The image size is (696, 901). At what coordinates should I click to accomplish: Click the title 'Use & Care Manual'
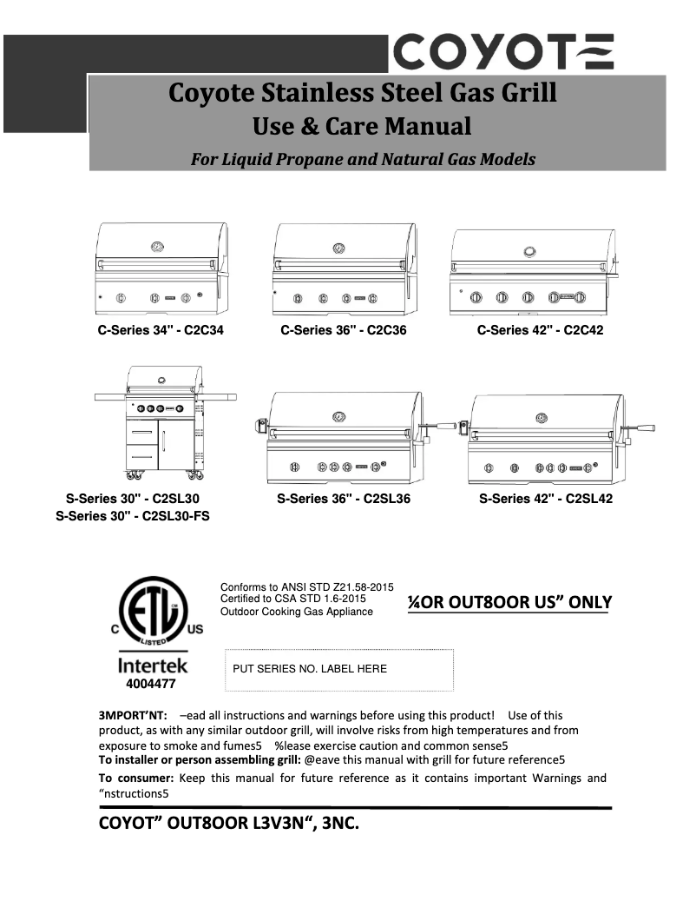(x=362, y=127)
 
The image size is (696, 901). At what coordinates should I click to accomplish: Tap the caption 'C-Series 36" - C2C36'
(x=343, y=330)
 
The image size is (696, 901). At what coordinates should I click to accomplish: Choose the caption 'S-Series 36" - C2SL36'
(x=344, y=499)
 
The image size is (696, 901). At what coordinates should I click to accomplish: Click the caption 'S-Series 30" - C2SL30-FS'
(x=133, y=515)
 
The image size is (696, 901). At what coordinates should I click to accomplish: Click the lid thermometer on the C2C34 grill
(x=157, y=246)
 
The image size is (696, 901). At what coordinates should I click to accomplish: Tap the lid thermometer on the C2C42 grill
(x=529, y=252)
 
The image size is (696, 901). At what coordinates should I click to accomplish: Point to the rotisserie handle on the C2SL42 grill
(x=645, y=427)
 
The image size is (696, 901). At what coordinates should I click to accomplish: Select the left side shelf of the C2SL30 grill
(x=111, y=397)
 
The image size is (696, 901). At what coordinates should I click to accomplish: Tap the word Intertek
(x=153, y=666)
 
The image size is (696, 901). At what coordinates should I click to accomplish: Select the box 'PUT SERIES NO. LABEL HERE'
(x=338, y=669)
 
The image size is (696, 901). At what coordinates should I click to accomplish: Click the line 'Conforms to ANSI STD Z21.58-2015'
(x=307, y=587)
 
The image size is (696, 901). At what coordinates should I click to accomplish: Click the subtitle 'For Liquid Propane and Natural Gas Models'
(x=363, y=159)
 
